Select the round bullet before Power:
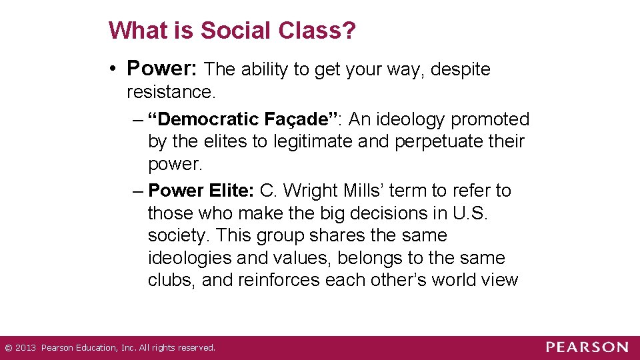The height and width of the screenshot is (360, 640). coord(115,69)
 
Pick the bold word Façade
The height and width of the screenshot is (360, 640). coord(300,119)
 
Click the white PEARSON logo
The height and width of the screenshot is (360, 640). coord(587,347)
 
